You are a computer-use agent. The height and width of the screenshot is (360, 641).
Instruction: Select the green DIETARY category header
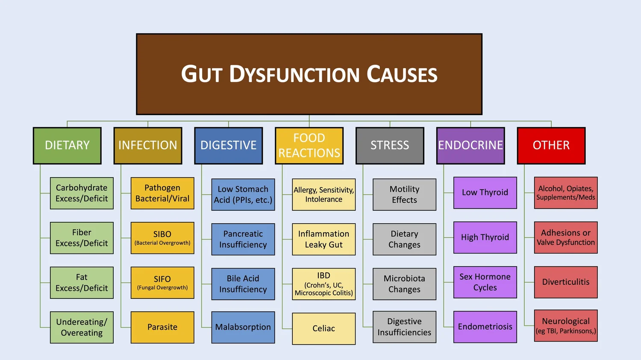(x=67, y=145)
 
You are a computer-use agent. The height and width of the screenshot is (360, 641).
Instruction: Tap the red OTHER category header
(x=551, y=145)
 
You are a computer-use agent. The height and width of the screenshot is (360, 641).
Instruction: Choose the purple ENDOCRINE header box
(x=470, y=145)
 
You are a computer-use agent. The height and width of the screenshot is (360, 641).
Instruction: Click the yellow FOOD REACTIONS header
(x=309, y=145)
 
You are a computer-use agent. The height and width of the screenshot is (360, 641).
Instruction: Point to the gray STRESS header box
(x=390, y=145)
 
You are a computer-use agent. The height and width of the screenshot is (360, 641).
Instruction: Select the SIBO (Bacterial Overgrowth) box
(x=162, y=238)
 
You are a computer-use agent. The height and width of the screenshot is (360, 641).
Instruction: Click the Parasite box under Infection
(x=162, y=327)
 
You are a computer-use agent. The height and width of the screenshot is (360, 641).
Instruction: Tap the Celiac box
(x=323, y=328)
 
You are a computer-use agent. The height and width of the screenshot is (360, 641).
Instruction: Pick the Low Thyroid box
(x=485, y=192)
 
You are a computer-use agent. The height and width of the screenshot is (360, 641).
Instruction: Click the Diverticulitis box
(x=566, y=282)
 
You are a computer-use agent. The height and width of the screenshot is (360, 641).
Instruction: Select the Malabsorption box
(x=243, y=327)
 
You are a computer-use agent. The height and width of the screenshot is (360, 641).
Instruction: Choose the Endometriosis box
(x=485, y=327)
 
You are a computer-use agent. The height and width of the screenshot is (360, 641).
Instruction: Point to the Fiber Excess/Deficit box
(x=82, y=238)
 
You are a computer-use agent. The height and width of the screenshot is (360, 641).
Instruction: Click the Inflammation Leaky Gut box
(x=323, y=239)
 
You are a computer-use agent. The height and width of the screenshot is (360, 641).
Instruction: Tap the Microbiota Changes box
(x=404, y=284)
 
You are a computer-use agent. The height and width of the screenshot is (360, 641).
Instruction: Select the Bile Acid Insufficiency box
(x=243, y=284)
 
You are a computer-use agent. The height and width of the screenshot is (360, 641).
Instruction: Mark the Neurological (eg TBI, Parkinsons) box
(x=566, y=325)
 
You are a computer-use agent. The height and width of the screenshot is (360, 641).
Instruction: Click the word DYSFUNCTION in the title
(x=294, y=74)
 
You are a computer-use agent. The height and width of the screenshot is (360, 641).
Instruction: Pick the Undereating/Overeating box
(x=82, y=327)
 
